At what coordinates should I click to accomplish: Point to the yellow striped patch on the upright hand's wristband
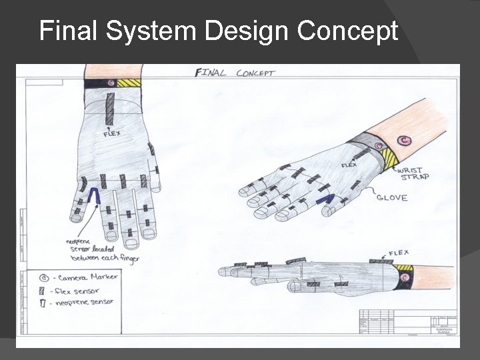131,83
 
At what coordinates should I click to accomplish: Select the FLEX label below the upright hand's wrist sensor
112,135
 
